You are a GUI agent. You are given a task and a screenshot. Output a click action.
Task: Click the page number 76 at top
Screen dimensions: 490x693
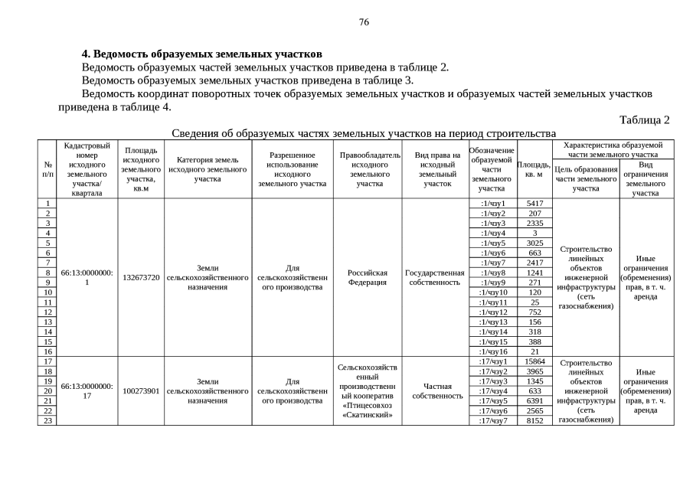[364, 21]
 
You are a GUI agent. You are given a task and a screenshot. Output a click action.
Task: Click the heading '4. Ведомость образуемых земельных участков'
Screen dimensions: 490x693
[202, 54]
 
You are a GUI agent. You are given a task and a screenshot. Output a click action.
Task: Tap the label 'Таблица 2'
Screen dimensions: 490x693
[645, 120]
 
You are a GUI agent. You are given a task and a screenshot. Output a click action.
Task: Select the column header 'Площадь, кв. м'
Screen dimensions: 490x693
[534, 169]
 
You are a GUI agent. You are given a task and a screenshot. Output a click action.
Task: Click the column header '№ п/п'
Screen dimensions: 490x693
[47, 169]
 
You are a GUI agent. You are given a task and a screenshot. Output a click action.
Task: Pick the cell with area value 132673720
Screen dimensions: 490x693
[141, 277]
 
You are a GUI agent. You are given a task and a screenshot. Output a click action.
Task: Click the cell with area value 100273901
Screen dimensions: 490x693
[141, 390]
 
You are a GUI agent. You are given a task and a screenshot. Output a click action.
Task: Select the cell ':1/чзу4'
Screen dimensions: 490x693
[492, 233]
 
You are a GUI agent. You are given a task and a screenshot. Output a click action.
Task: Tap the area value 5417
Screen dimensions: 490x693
[534, 203]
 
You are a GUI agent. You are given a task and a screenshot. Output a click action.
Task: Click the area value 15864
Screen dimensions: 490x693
[534, 361]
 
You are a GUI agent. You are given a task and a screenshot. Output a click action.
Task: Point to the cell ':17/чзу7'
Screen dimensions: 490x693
[492, 420]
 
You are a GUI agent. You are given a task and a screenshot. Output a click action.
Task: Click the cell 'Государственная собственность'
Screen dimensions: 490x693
[435, 277]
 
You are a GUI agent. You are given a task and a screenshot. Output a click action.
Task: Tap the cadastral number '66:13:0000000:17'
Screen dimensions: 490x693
[87, 390]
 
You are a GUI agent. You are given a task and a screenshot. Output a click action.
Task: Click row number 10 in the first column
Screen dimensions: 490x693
[47, 292]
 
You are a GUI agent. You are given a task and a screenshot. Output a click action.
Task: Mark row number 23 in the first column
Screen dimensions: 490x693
[47, 420]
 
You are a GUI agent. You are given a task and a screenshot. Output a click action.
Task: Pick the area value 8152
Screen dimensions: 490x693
[534, 420]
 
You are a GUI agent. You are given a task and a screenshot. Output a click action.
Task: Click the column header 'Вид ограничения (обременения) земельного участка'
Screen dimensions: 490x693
[646, 178]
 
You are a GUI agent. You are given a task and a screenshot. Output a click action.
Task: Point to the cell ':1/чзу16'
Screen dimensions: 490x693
[492, 351]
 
